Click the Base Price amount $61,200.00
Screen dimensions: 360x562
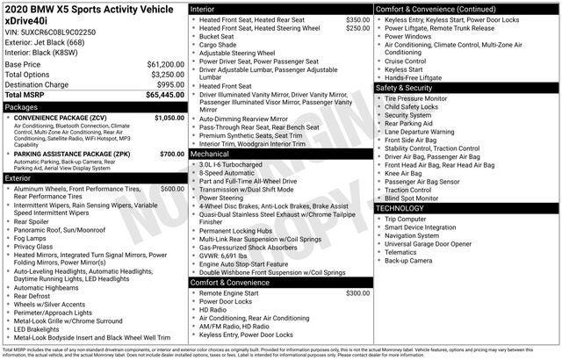click(165, 65)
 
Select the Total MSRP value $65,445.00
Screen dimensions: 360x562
click(165, 94)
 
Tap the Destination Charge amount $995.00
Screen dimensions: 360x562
click(169, 84)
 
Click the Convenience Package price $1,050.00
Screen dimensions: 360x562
click(169, 118)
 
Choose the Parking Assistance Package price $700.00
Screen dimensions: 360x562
click(172, 155)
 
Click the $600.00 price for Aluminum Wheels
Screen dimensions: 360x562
click(172, 189)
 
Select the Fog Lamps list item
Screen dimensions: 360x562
click(32, 238)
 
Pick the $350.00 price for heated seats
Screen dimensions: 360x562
click(357, 19)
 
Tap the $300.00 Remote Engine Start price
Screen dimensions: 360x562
click(357, 293)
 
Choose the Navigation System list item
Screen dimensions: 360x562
click(411, 235)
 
